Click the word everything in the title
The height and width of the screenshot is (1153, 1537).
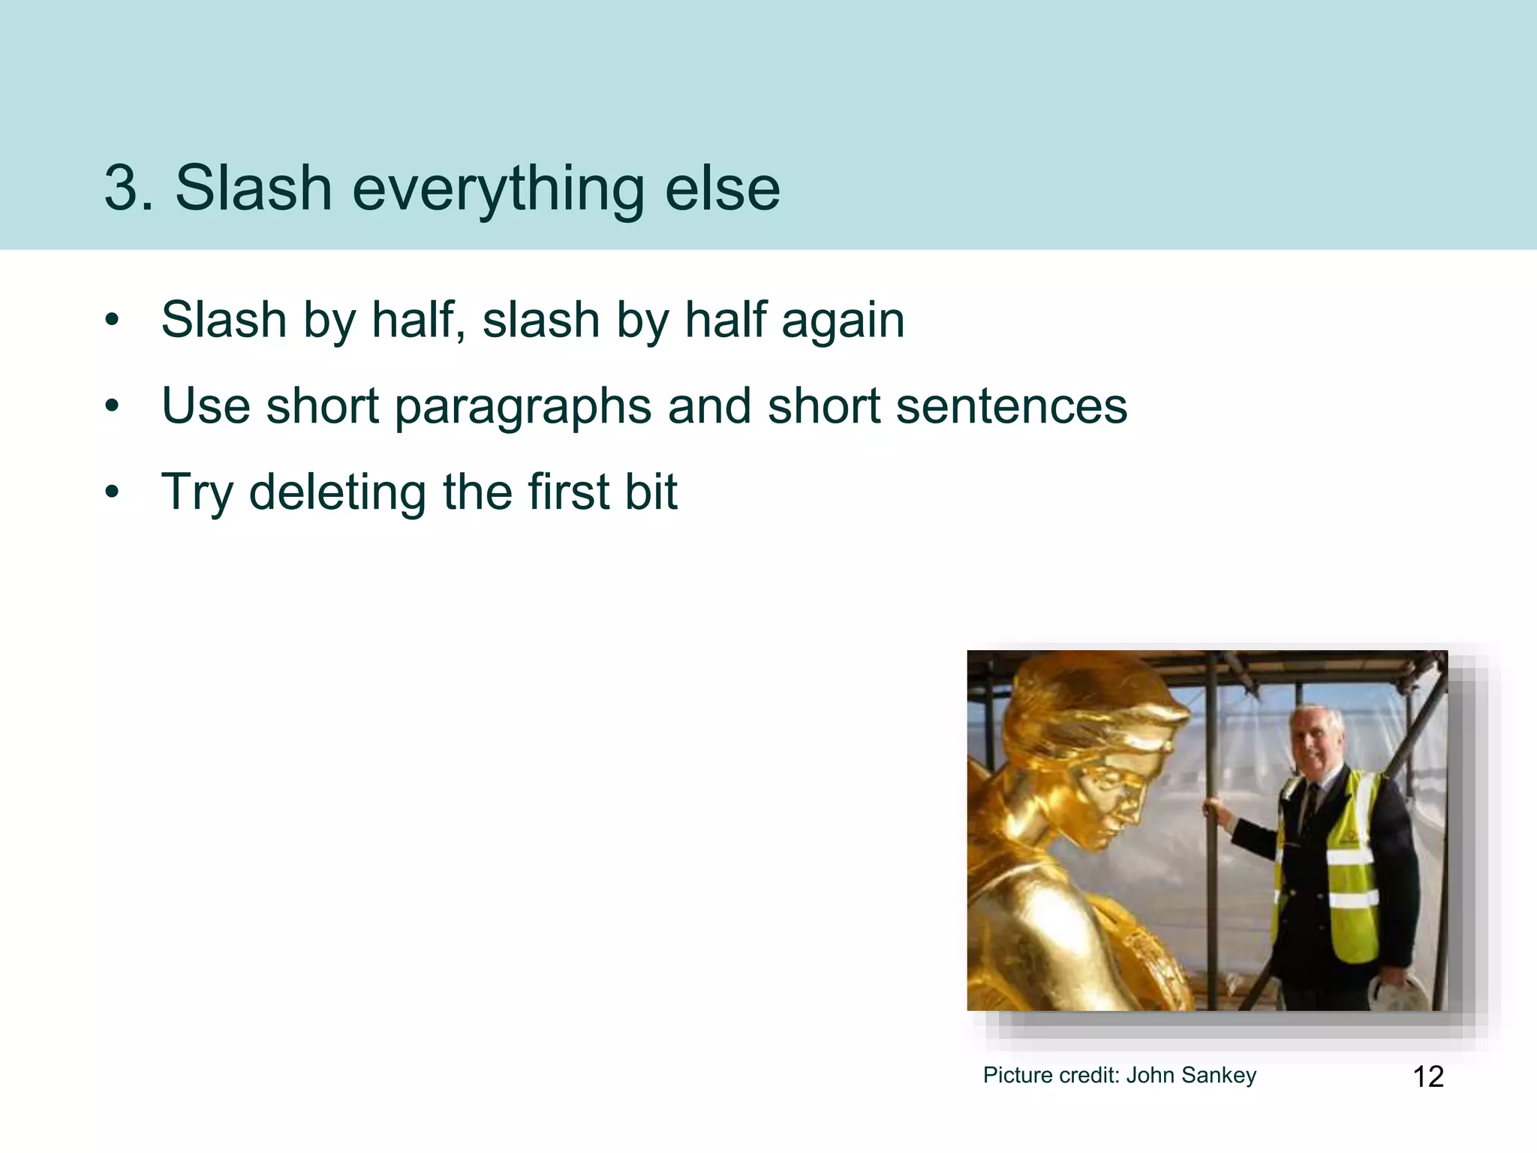coord(498,189)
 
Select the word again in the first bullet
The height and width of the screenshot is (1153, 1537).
coord(843,321)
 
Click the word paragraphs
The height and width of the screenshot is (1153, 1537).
coord(524,408)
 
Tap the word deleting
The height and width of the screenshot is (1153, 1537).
coord(338,492)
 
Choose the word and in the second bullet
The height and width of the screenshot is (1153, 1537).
coord(708,406)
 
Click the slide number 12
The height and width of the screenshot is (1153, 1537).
coord(1427,1076)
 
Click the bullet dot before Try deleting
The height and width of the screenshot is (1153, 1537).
coord(113,493)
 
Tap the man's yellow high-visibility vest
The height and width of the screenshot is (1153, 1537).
coord(1343,863)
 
